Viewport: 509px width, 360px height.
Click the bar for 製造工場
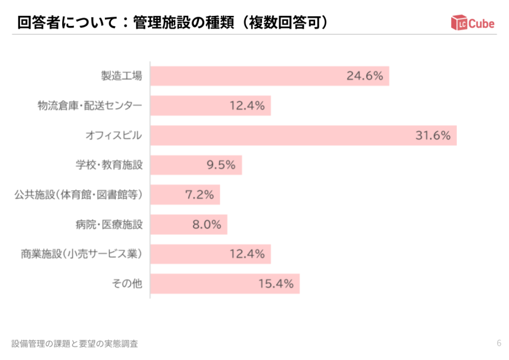pyautogui.click(x=249, y=76)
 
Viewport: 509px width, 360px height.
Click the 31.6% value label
pyautogui.click(x=433, y=136)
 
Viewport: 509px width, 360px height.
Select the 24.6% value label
pyautogui.click(x=365, y=76)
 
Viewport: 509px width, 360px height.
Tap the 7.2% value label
pyautogui.click(x=199, y=195)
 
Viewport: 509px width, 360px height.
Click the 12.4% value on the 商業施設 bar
pyautogui.click(x=247, y=254)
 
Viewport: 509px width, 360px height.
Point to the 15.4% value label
pyautogui.click(x=276, y=284)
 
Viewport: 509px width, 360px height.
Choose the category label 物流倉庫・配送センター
pyautogui.click(x=90, y=105)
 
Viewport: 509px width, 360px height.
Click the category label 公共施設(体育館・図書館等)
pyautogui.click(x=79, y=195)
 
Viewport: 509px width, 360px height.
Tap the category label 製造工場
pyautogui.click(x=122, y=76)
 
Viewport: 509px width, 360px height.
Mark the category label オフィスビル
pyautogui.click(x=114, y=136)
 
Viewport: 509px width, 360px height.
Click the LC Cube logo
pyautogui.click(x=473, y=23)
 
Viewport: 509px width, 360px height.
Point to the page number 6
pyautogui.click(x=499, y=343)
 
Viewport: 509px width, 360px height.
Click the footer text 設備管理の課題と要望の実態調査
pyautogui.click(x=75, y=343)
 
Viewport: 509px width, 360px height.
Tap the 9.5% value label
pyautogui.click(x=221, y=165)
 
